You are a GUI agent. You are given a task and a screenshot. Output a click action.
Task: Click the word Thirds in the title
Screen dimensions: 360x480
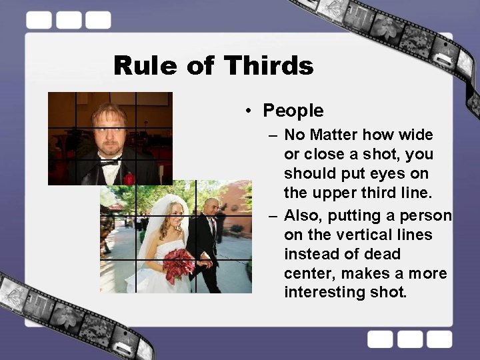(269, 66)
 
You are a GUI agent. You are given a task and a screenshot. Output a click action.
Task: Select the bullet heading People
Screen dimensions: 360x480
(293, 111)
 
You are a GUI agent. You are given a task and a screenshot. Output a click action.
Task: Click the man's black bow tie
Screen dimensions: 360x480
(109, 161)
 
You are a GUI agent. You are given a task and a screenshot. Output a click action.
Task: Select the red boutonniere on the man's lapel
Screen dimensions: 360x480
(129, 178)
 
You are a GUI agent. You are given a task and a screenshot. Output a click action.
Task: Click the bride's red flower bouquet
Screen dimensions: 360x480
(179, 263)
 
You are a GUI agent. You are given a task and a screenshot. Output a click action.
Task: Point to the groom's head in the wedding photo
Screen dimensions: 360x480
(211, 206)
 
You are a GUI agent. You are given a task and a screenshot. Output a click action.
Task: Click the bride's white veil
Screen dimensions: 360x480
(154, 227)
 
